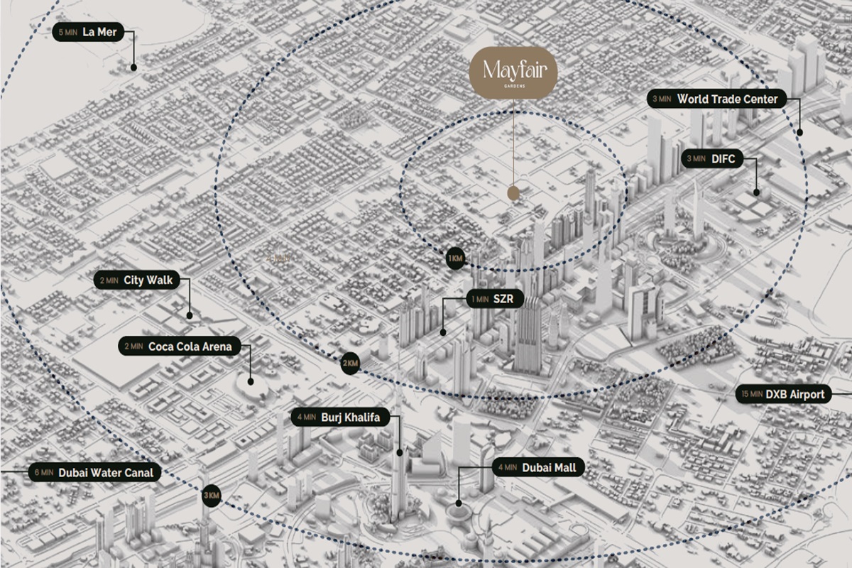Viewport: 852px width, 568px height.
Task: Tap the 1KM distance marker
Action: [455, 259]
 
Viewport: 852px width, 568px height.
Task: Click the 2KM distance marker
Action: [350, 363]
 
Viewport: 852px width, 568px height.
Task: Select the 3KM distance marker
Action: [211, 496]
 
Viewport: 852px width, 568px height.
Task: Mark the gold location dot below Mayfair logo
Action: [513, 193]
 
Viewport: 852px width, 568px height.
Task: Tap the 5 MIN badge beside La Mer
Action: [67, 32]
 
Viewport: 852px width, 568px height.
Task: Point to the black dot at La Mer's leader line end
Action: [133, 67]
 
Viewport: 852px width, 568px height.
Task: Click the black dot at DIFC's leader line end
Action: [757, 192]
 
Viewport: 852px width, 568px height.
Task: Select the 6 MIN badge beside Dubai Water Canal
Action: [43, 472]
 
